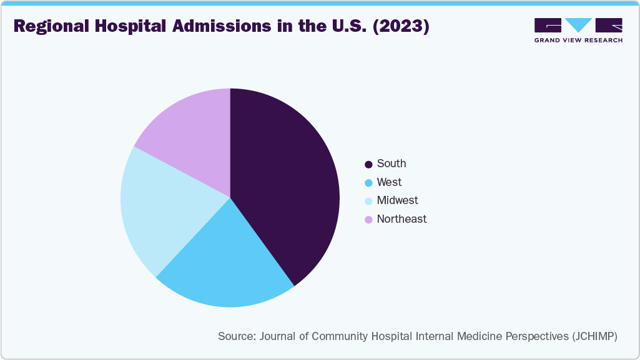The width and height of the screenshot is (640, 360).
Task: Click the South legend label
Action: click(391, 163)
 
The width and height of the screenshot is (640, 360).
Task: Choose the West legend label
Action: click(389, 182)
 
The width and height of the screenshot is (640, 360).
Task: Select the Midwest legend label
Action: click(397, 200)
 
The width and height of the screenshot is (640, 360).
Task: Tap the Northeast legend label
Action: click(401, 219)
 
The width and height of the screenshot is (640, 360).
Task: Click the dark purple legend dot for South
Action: click(368, 164)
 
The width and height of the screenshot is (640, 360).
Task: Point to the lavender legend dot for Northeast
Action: click(368, 220)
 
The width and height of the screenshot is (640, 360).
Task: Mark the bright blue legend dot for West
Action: click(368, 183)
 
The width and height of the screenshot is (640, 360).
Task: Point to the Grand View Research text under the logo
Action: click(578, 40)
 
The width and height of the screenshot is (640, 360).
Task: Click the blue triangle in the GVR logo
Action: click(578, 24)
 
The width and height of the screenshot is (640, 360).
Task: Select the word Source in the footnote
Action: click(235, 336)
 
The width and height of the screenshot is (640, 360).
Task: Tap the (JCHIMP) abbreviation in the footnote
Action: click(594, 336)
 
